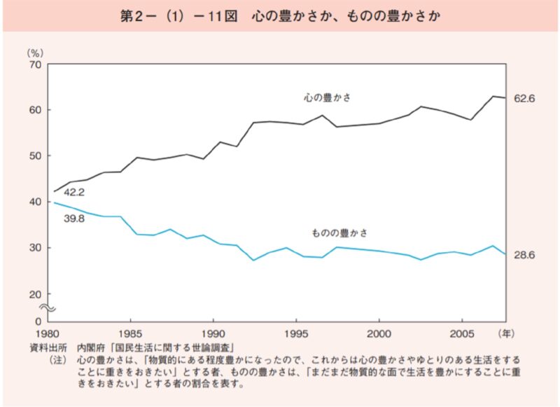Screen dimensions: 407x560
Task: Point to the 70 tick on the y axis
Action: tap(35, 64)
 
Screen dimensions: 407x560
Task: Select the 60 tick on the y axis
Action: tap(35, 110)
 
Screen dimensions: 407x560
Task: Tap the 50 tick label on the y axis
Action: tap(35, 156)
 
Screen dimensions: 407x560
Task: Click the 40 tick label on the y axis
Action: tap(35, 202)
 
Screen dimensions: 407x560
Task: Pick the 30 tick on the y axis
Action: tap(35, 248)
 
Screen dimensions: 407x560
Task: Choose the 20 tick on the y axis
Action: tap(35, 294)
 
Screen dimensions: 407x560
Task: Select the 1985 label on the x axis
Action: tap(129, 333)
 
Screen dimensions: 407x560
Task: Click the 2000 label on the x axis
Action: tap(379, 333)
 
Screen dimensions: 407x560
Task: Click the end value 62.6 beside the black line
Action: tap(524, 99)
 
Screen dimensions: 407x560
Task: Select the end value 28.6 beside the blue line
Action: tap(524, 256)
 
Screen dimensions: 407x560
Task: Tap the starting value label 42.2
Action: tap(75, 191)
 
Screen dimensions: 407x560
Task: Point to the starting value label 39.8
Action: tap(75, 219)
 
